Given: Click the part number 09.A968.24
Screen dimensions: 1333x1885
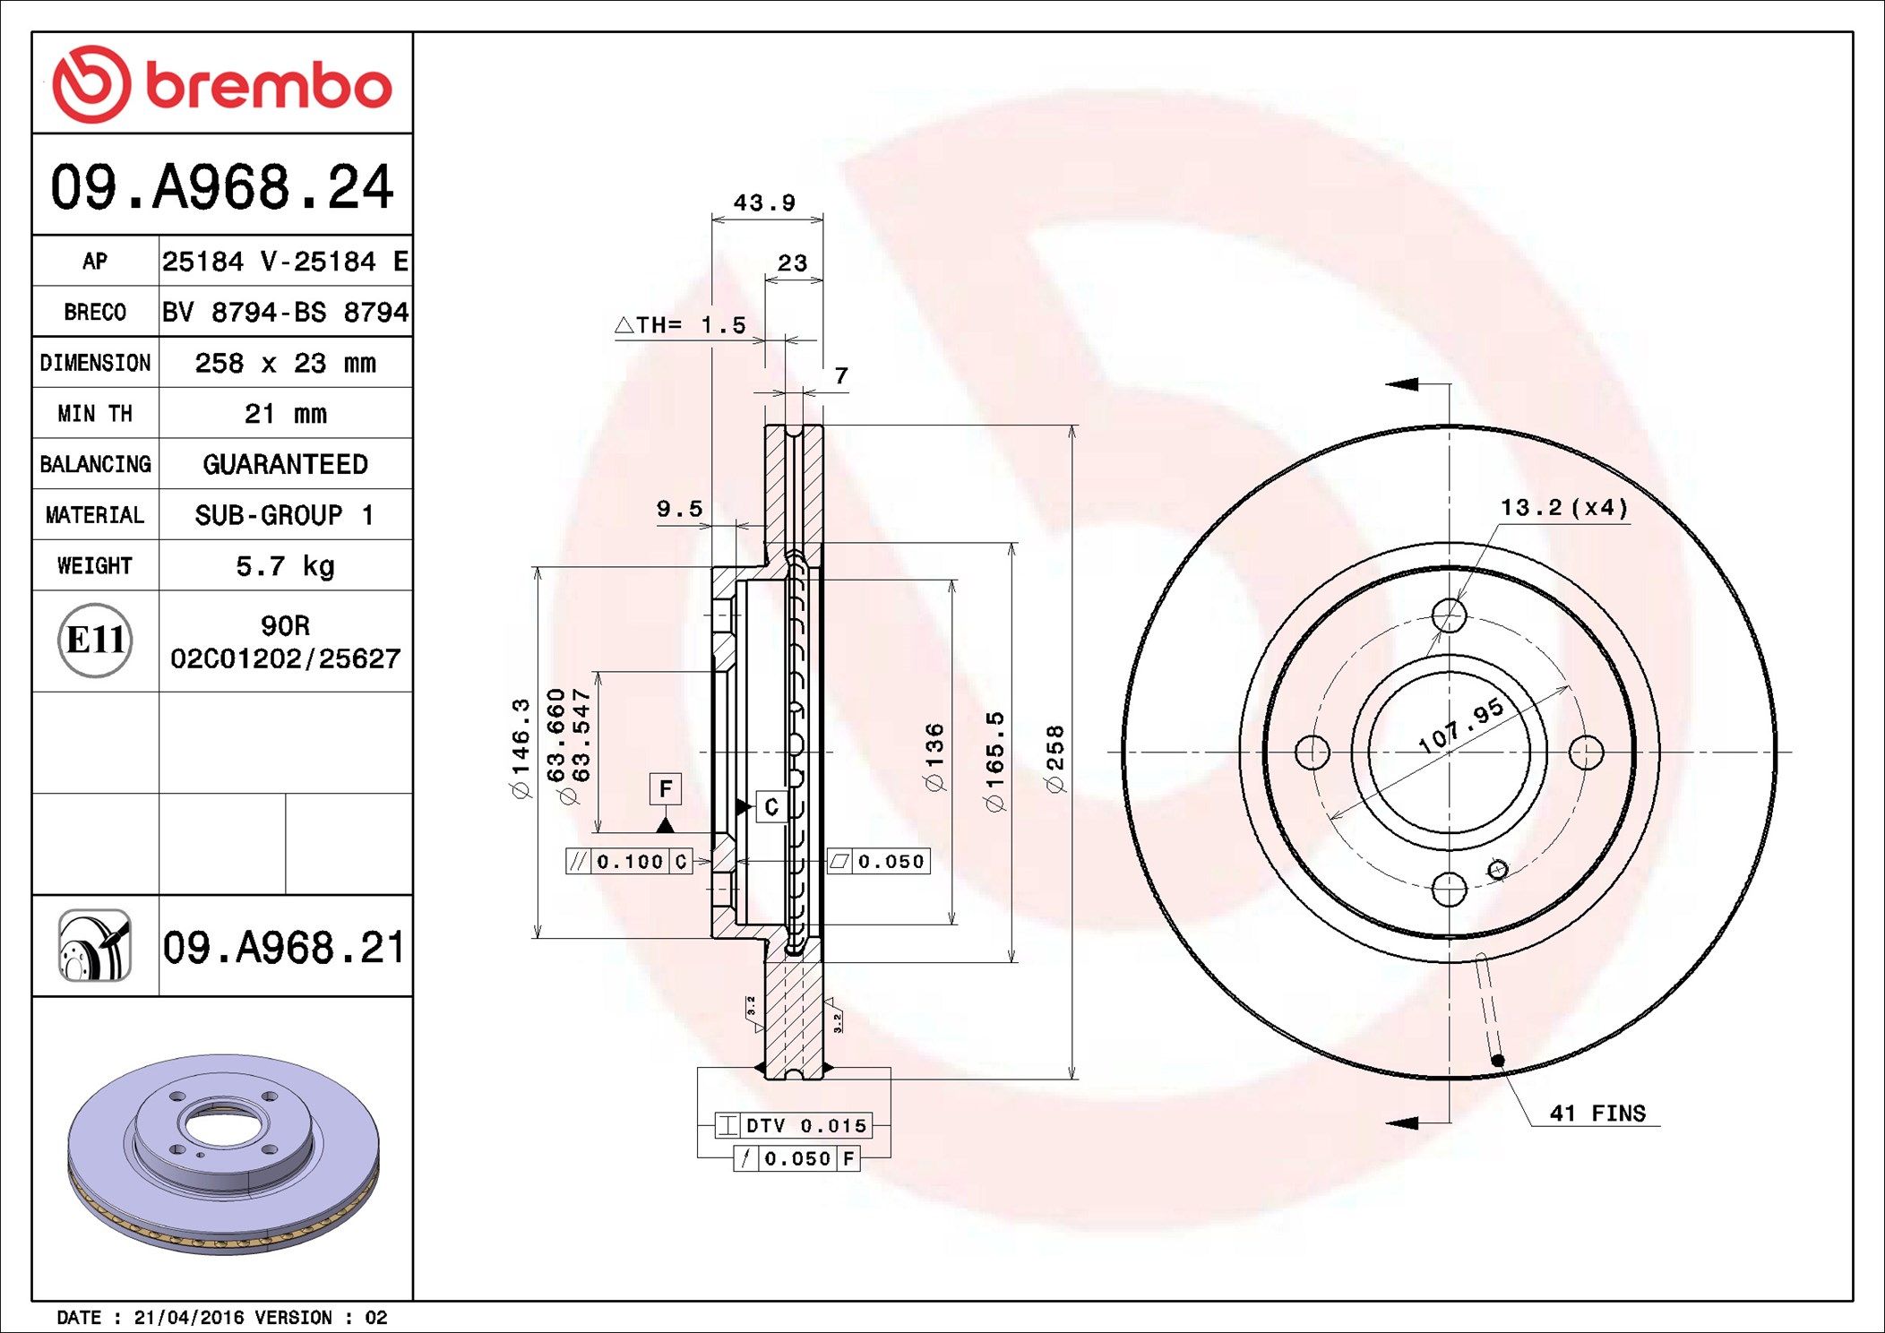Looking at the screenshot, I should coord(221,187).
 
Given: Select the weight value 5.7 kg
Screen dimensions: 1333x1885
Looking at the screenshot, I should coord(285,566).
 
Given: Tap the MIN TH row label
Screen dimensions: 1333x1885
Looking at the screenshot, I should coord(95,414).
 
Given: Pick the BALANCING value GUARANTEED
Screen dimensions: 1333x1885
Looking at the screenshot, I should coord(285,464).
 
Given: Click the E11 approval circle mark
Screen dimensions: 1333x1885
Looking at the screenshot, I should coord(95,641).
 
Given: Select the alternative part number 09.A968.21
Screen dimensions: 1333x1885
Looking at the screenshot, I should coord(284,948).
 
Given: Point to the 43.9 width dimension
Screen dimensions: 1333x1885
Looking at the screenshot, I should coord(764,203).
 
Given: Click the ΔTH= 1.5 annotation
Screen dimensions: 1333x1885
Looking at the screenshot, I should coord(682,325).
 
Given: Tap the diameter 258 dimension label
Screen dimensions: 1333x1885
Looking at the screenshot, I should coord(1055,759).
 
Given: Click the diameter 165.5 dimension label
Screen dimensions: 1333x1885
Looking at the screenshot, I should coord(995,761).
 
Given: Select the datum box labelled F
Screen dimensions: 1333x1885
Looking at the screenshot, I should coord(665,789).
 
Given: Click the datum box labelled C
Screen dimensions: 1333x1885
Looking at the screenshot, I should coord(771,807).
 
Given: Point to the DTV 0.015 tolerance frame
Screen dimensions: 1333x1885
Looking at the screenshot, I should coord(793,1125).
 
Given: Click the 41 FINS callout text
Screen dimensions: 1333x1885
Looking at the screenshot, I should coord(1597,1114).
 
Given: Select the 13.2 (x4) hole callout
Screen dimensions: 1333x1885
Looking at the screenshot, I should coord(1563,508).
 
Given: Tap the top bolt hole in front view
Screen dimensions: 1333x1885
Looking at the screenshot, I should coord(1449,615).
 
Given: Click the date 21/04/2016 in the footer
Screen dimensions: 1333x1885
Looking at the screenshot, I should coord(188,1317).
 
